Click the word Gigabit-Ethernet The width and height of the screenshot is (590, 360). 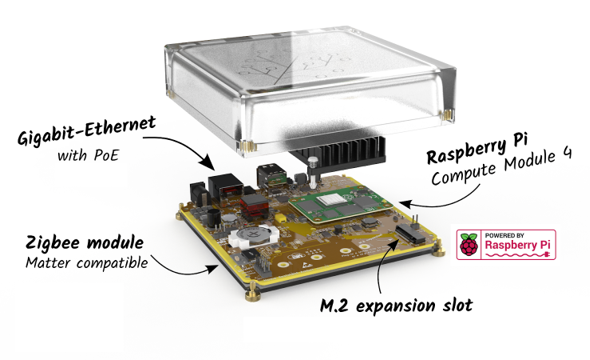(x=87, y=131)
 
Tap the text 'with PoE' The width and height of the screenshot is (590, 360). (x=88, y=155)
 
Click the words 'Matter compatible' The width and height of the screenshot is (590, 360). (x=87, y=263)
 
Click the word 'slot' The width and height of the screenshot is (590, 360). (x=457, y=304)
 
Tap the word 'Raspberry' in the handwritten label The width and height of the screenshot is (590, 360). (x=467, y=151)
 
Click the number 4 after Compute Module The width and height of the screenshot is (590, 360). (x=566, y=153)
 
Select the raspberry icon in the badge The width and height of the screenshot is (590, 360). (x=469, y=244)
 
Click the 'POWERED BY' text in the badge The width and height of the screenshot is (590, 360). (x=504, y=235)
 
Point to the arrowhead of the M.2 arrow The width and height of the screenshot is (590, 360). (x=393, y=243)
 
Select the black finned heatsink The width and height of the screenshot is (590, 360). (x=338, y=152)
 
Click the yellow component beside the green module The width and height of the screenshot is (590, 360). (x=280, y=219)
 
